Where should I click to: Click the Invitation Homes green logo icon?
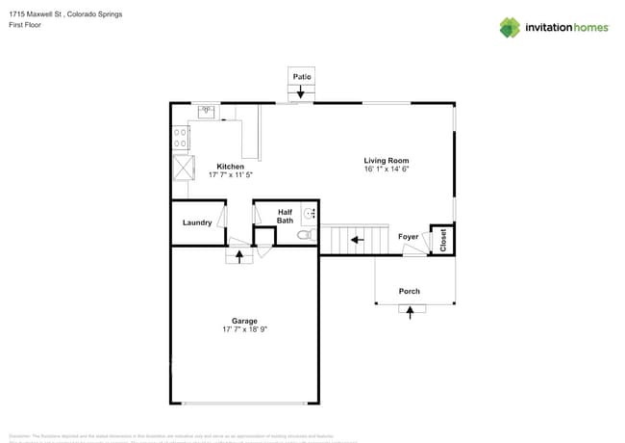(510, 27)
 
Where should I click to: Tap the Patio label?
(302, 75)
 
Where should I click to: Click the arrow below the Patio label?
(302, 91)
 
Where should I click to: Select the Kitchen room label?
(230, 167)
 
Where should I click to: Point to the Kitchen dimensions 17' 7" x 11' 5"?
(230, 175)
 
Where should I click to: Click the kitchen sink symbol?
(207, 112)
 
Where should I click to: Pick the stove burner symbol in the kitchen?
(180, 137)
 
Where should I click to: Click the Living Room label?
(386, 161)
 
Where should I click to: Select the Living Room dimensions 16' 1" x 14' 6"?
(386, 169)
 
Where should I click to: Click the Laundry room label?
(197, 223)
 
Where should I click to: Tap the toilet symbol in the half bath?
(304, 233)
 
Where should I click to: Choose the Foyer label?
(408, 236)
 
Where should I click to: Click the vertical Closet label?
(443, 240)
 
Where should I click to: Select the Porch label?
(410, 291)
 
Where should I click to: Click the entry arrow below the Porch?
(412, 310)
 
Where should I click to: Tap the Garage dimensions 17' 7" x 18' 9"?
(243, 329)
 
